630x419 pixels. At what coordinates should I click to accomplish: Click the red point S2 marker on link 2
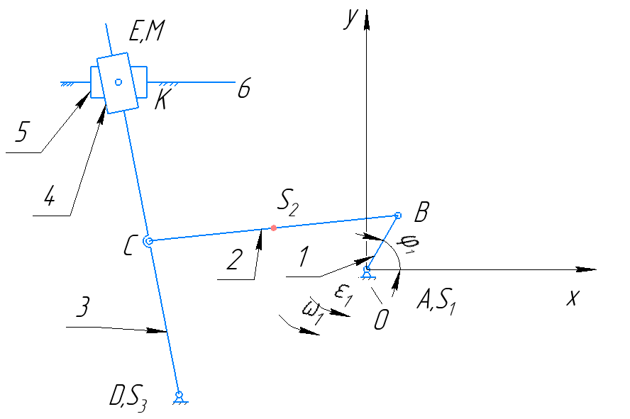pos(274,228)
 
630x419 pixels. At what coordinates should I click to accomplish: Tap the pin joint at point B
pos(397,216)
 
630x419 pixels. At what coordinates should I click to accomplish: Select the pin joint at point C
pos(148,241)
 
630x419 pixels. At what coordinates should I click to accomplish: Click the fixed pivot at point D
pos(179,395)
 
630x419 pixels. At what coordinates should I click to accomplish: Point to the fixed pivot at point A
pos(367,269)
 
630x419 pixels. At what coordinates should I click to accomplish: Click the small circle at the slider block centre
pos(118,82)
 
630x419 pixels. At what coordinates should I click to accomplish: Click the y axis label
pos(349,19)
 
